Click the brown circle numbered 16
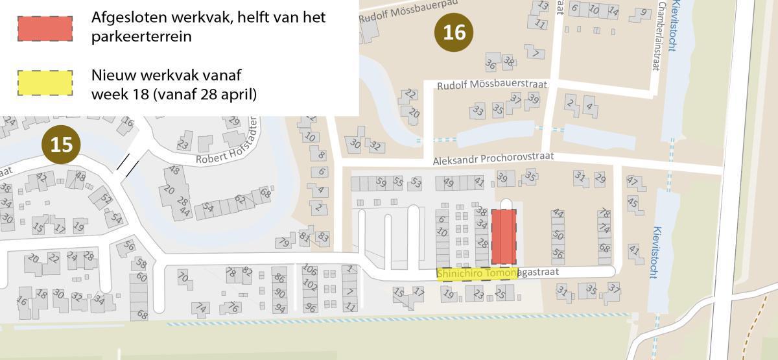point(454,31)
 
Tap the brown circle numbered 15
point(61,144)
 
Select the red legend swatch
point(45,28)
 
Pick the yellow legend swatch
point(45,83)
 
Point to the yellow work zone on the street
point(477,274)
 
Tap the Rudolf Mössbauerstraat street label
point(492,85)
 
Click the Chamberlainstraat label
point(662,36)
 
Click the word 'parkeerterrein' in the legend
point(141,36)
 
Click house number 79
point(283,243)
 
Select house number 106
point(310,270)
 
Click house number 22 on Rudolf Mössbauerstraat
point(410,95)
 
